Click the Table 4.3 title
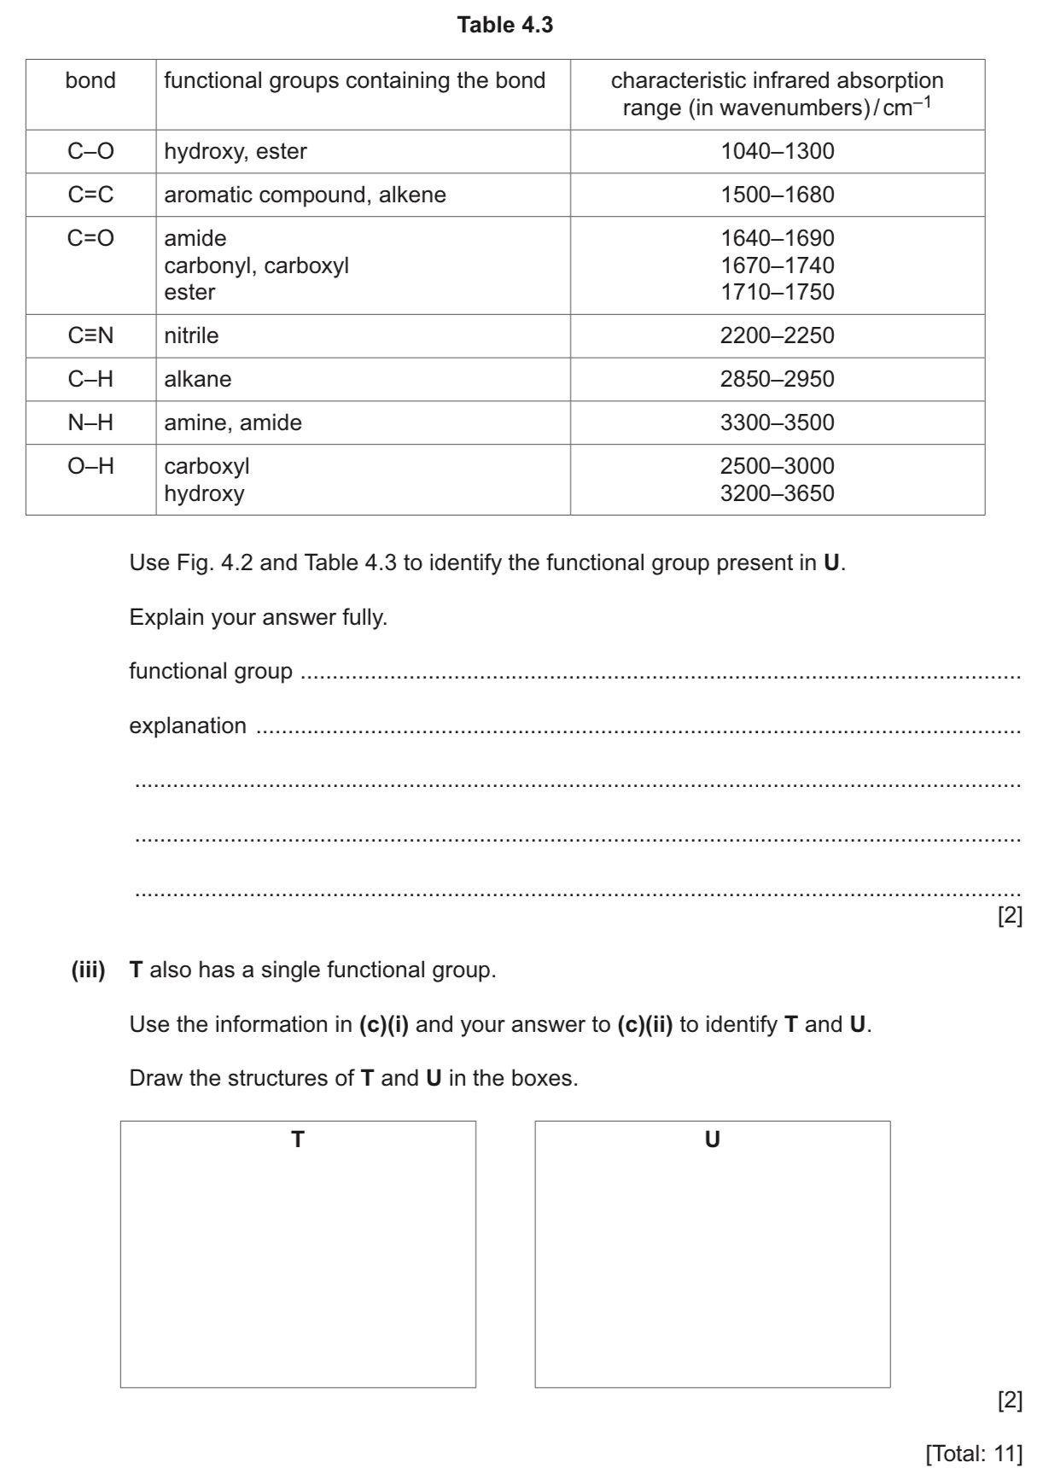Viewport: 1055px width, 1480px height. pos(505,26)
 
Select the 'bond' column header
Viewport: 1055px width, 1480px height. pos(90,81)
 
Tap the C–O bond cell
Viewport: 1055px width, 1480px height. pos(90,152)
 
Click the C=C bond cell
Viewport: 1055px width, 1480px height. pos(90,195)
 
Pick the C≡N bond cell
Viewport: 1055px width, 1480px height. pos(90,336)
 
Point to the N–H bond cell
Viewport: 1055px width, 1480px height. pos(90,423)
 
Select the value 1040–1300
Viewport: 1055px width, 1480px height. pos(777,152)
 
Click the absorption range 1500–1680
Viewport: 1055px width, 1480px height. pos(777,195)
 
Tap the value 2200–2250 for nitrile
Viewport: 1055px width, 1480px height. pos(777,336)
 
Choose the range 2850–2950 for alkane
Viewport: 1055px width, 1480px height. pos(777,380)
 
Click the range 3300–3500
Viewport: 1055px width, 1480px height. pos(777,423)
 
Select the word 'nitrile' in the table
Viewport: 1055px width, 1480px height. pos(191,336)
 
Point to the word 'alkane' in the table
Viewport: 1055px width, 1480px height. pos(197,380)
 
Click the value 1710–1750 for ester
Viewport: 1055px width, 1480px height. pos(777,292)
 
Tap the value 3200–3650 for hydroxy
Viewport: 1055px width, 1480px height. pos(777,494)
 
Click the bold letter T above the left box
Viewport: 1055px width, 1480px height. pos(298,1140)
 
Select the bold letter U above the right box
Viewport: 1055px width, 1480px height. pos(712,1140)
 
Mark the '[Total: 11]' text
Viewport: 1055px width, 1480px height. pos(974,1454)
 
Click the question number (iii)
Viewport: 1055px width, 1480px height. pos(88,970)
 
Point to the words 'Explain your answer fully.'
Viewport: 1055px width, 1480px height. pos(258,618)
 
